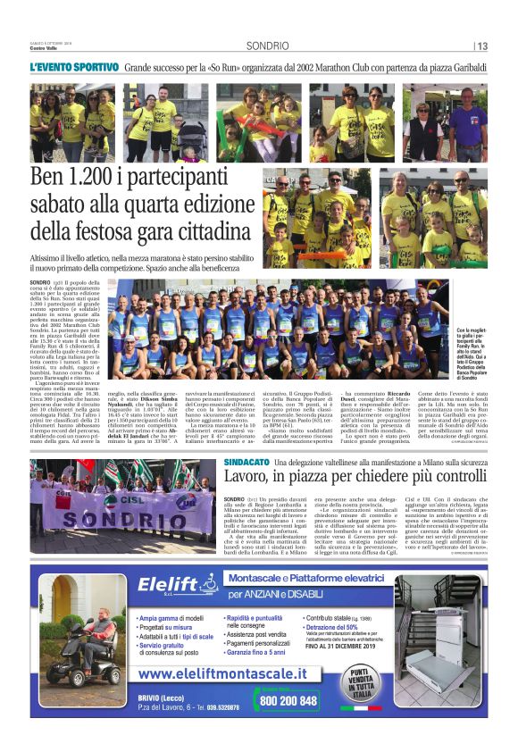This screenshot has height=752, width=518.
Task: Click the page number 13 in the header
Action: tap(482, 46)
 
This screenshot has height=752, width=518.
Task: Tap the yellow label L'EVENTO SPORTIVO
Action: tap(74, 67)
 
